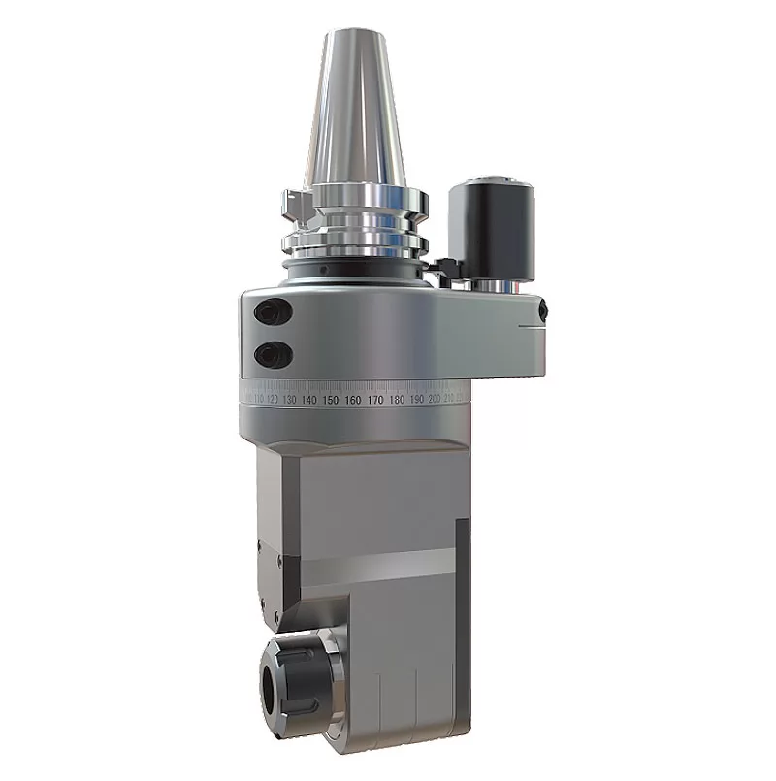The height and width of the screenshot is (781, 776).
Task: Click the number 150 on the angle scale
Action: point(331,400)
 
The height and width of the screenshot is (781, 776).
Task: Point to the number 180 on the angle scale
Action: point(397,400)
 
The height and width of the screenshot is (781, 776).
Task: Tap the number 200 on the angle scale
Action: point(436,399)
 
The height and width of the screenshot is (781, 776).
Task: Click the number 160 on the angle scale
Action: point(353,400)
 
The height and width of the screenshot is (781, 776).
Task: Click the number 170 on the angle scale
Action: point(374,400)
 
